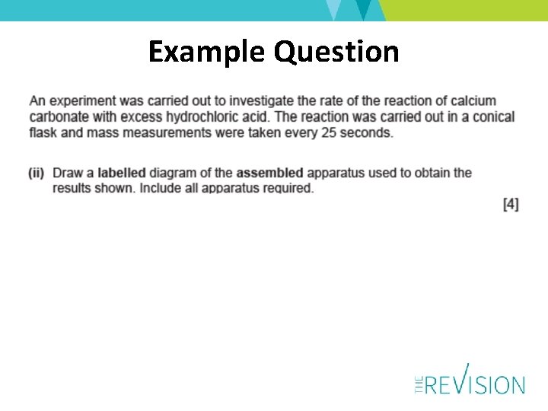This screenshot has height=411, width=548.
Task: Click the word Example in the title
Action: tap(207, 52)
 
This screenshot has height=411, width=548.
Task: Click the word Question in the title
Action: tap(336, 52)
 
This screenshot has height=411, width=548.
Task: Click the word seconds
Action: tap(368, 132)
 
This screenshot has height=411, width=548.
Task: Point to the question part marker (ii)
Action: tap(37, 173)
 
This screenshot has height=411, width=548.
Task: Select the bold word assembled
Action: tap(269, 173)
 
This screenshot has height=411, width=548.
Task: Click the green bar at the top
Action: tap(464, 9)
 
